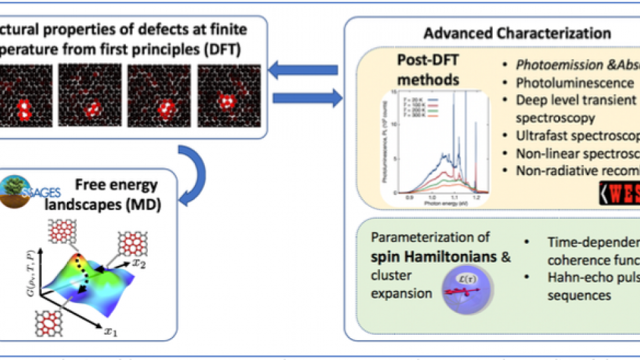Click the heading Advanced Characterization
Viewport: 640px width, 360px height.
[x=517, y=32]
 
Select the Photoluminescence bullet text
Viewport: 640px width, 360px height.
[x=574, y=83]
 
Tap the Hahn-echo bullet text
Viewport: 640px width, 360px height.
[x=588, y=278]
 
